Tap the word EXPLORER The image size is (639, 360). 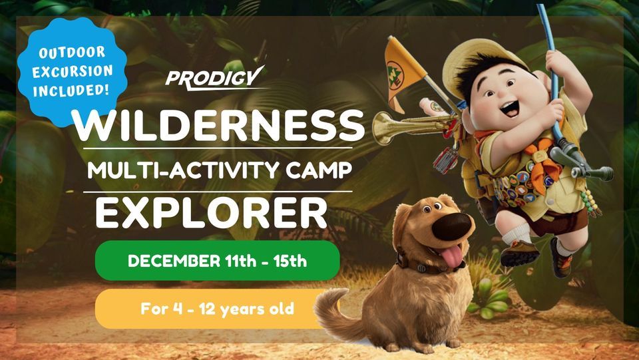(211, 212)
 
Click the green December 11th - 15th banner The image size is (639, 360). (217, 261)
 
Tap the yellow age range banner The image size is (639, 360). (217, 309)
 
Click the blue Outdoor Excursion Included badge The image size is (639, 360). (65, 71)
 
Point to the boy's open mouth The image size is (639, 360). (511, 107)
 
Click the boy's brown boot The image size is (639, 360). (520, 254)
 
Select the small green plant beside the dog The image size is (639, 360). (487, 299)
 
